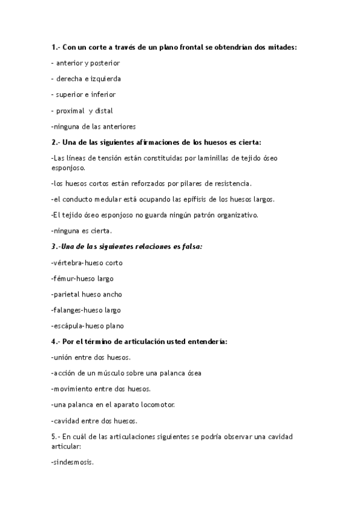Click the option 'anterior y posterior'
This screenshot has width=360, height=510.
pyautogui.click(x=88, y=63)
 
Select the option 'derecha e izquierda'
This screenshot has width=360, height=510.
pyautogui.click(x=88, y=78)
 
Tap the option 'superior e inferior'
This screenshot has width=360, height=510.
pyautogui.click(x=85, y=94)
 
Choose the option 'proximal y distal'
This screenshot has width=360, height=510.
pyautogui.click(x=84, y=111)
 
